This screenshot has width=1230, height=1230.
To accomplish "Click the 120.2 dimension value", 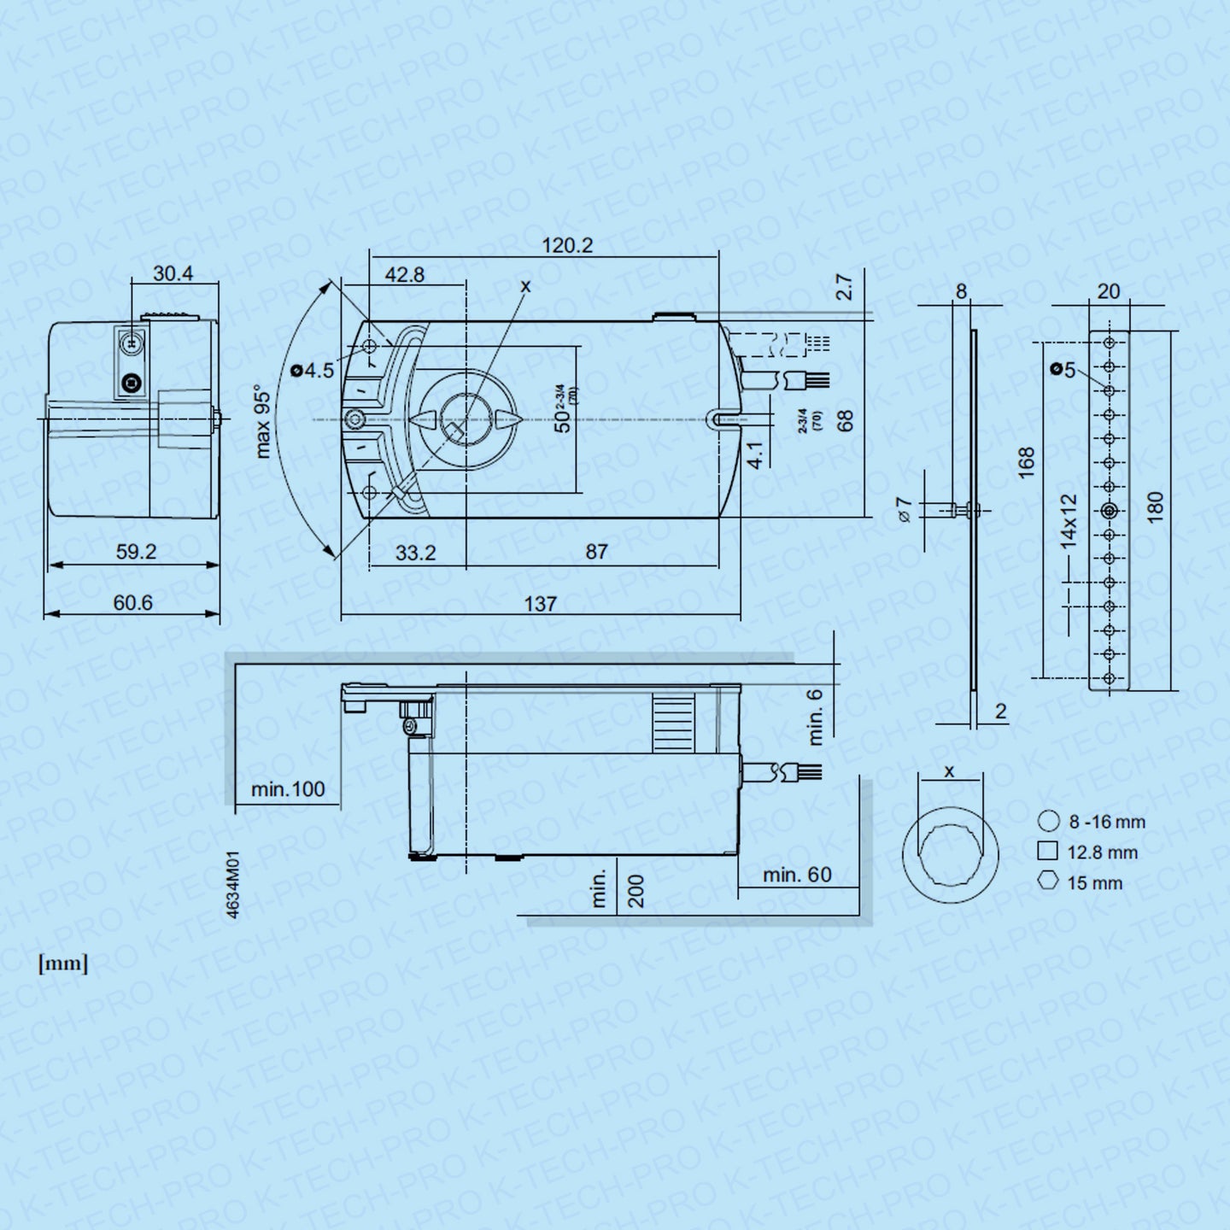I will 566,246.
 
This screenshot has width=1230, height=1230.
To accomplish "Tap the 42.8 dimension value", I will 404,275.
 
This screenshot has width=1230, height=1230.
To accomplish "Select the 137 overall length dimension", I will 540,604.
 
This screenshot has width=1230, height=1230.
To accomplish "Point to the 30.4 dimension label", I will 173,273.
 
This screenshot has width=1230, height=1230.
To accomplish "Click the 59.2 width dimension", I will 136,552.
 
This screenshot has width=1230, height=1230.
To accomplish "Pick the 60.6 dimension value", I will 132,603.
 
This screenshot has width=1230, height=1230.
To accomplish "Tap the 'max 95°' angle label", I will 263,423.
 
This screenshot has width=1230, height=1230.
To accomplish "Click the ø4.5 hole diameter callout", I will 313,371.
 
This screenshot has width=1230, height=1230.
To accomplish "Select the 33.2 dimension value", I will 415,553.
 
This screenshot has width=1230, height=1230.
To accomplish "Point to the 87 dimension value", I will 596,552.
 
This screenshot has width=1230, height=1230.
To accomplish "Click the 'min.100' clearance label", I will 288,789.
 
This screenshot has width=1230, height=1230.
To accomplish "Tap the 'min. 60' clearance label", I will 796,875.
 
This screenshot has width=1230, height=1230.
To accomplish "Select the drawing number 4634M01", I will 233,885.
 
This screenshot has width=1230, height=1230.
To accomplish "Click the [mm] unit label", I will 62,964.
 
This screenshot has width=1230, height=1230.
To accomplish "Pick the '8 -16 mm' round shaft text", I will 1106,822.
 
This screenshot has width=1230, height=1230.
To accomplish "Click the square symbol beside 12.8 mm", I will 1047,851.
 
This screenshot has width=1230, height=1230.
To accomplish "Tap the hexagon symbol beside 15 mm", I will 1048,881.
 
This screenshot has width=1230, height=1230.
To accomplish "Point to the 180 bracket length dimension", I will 1154,507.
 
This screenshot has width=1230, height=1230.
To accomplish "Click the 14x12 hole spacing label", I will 1069,520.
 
